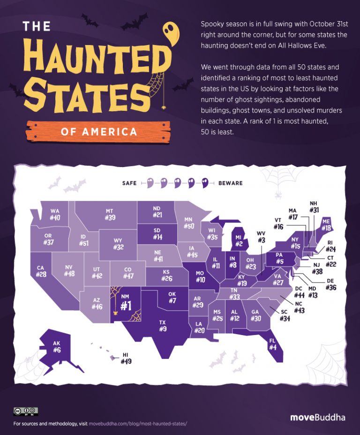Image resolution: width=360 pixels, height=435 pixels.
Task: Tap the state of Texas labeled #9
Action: pos(162,326)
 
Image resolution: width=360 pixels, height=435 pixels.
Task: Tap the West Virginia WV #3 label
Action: pos(261,237)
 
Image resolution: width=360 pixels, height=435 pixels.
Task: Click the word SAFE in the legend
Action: pos(128,183)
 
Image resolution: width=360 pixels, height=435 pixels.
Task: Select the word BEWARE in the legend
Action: pos(231,183)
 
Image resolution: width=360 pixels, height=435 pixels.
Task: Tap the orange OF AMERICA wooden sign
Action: pos(99,132)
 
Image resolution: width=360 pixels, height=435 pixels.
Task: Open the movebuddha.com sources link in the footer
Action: pos(137,424)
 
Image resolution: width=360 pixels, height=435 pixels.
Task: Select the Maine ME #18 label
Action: pos(326,225)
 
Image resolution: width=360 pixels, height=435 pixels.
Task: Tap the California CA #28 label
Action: pos(41,271)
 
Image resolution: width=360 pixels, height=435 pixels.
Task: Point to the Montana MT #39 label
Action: pos(110,214)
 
